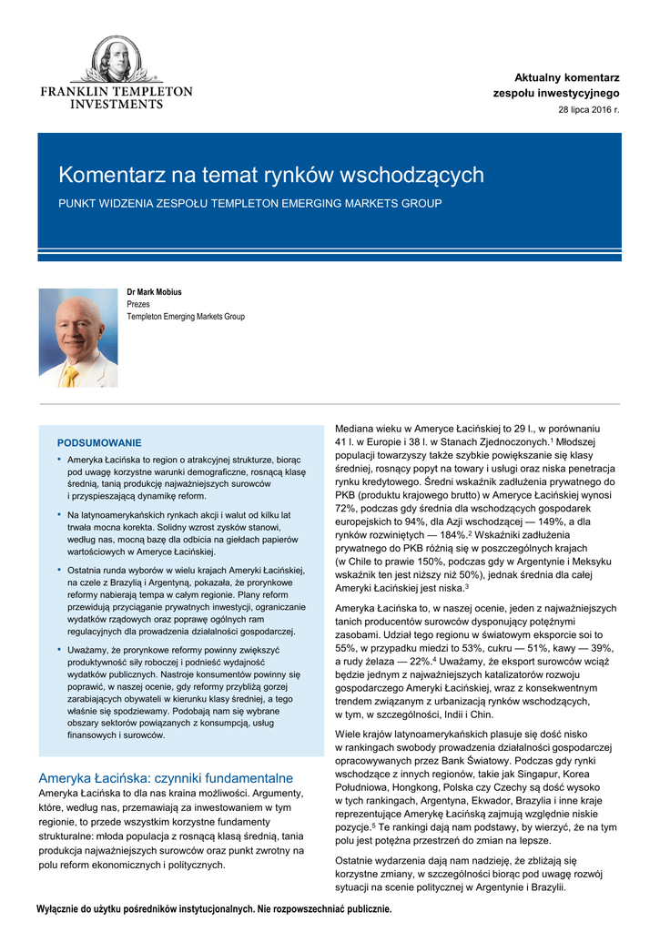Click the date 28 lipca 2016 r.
click(588, 109)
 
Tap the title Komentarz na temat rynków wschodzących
click(271, 175)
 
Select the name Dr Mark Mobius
click(154, 292)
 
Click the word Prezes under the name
click(138, 304)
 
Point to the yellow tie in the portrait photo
click(71, 374)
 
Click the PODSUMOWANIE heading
click(99, 442)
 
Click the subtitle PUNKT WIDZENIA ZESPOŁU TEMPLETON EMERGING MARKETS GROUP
click(250, 203)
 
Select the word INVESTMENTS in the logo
click(116, 105)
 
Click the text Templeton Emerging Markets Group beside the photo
click(186, 317)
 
